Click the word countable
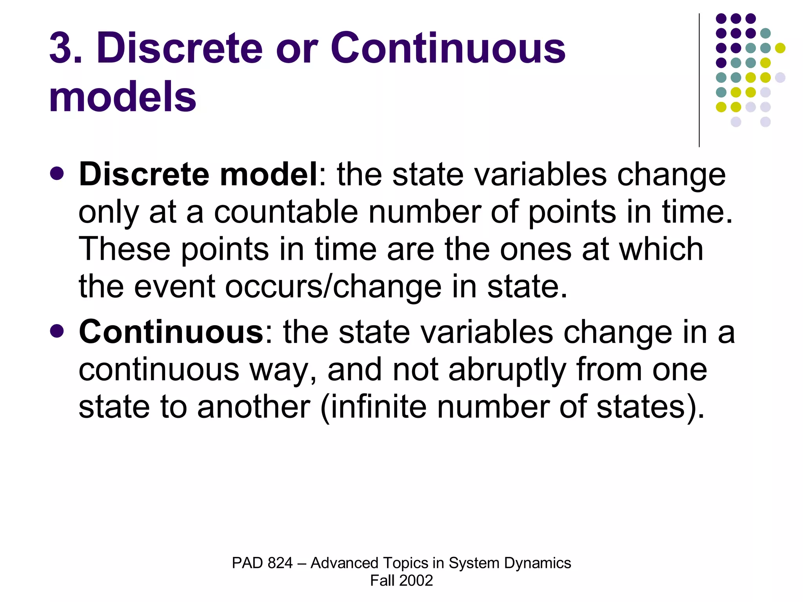286,212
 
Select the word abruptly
507,369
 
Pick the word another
254,406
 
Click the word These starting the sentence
125,249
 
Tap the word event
175,286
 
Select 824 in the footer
280,563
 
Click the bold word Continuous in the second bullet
171,332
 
